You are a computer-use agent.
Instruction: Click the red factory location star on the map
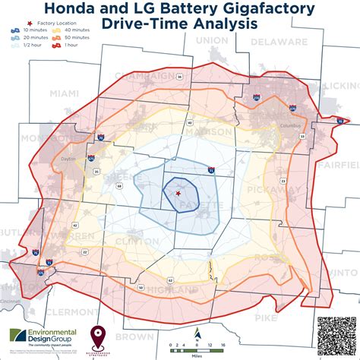177,194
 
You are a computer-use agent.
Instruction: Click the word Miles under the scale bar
197,353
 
